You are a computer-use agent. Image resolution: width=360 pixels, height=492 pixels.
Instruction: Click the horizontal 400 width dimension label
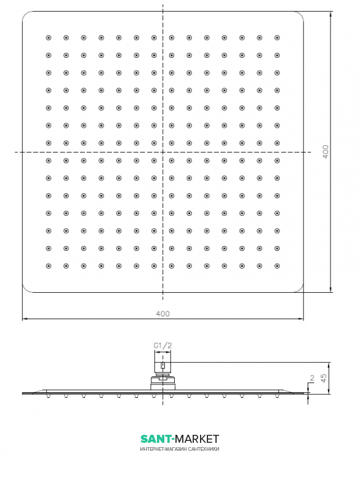click(x=162, y=314)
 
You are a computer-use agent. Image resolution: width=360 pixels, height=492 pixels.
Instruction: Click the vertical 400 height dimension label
click(x=326, y=151)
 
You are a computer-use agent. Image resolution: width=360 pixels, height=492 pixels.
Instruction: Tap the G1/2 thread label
click(x=162, y=346)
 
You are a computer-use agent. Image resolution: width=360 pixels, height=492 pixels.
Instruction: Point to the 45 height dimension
click(x=324, y=376)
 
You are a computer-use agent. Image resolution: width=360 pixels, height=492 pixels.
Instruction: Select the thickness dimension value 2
click(x=311, y=379)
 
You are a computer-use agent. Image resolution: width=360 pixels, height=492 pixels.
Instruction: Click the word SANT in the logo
click(x=156, y=438)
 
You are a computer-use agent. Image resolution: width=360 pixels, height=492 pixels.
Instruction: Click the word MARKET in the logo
click(x=197, y=438)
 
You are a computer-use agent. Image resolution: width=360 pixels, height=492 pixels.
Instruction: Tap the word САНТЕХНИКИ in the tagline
click(x=203, y=449)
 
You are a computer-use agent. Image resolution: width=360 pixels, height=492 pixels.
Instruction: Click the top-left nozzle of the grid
click(x=49, y=38)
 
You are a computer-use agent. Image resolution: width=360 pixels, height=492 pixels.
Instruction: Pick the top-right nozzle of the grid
click(x=277, y=38)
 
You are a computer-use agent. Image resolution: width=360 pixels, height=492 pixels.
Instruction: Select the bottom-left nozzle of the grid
click(x=49, y=266)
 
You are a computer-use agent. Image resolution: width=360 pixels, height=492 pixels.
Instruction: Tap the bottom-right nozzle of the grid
click(x=277, y=266)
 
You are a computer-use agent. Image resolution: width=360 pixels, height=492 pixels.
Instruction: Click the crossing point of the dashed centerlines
click(x=162, y=152)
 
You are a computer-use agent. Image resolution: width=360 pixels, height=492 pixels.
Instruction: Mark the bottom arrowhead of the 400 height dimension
click(x=331, y=290)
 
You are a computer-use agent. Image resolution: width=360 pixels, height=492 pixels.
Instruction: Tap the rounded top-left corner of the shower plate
click(x=25, y=14)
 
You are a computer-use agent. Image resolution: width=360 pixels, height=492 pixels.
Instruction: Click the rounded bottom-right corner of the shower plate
click(x=301, y=289)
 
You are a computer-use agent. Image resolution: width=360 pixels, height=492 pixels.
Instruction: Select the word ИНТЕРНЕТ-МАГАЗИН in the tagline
click(x=163, y=449)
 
